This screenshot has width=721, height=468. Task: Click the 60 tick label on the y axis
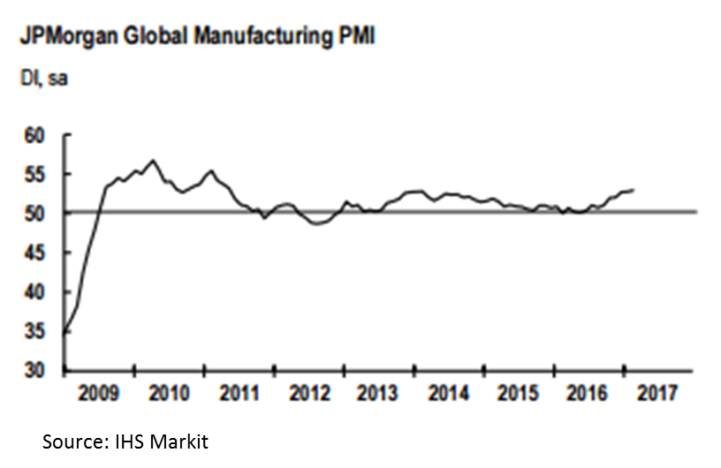click(x=34, y=136)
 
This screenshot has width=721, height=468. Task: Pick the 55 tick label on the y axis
click(x=34, y=175)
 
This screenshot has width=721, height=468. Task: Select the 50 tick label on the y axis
click(x=34, y=214)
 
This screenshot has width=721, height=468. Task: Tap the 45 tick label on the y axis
click(x=34, y=253)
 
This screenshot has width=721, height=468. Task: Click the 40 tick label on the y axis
click(x=34, y=291)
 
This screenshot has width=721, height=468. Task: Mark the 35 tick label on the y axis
click(x=34, y=331)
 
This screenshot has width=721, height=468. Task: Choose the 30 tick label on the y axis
click(x=34, y=370)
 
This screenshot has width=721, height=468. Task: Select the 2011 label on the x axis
click(x=238, y=392)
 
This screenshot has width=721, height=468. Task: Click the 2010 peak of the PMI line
click(x=153, y=160)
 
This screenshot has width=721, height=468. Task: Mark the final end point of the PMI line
click(x=634, y=189)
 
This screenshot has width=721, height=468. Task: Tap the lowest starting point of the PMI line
click(x=65, y=333)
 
